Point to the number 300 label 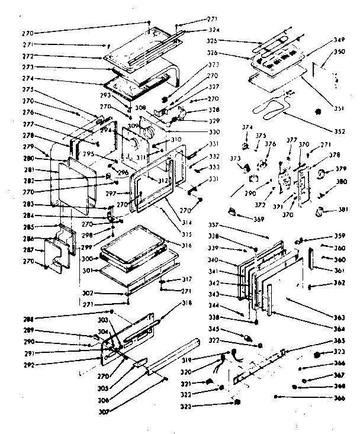[x=86, y=259]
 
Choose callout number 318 [x=187, y=303]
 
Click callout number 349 [x=339, y=40]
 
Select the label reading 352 [x=339, y=132]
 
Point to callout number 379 [x=342, y=169]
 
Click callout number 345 [x=228, y=328]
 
